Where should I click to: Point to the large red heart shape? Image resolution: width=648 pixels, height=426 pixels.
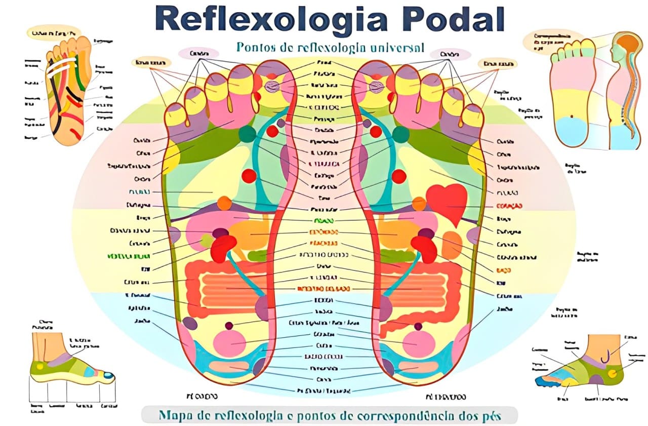click(x=447, y=202)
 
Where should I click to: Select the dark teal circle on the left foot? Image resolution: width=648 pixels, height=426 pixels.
click(x=248, y=134)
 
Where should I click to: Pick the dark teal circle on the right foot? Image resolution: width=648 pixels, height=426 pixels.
click(x=400, y=134)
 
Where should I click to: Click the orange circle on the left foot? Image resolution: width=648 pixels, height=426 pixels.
click(x=224, y=203)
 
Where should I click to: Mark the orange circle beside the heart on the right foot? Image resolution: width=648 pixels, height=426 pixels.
click(x=419, y=203)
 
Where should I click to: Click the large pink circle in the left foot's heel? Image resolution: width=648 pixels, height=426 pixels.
click(x=230, y=342)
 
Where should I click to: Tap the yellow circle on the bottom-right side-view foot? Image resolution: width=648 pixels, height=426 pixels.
click(x=613, y=373)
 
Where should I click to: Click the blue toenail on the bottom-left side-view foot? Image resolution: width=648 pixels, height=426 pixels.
click(x=107, y=375)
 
